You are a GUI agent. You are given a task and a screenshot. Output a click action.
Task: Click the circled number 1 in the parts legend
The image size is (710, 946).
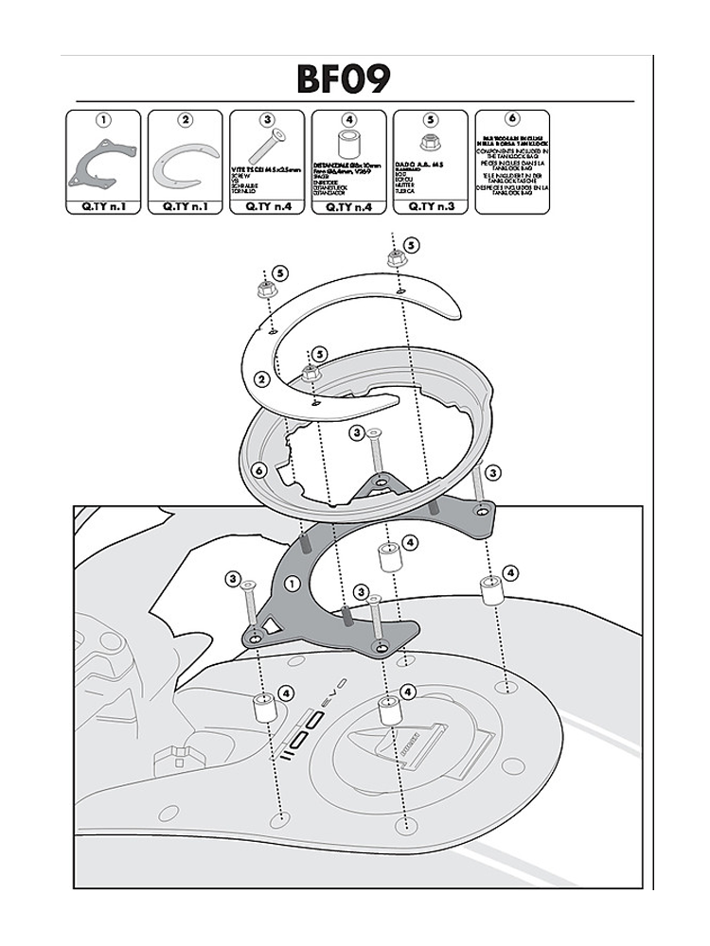103,120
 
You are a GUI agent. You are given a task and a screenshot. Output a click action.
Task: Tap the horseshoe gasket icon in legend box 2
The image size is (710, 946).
185,163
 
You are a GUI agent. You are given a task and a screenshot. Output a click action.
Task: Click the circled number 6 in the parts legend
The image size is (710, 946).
512,119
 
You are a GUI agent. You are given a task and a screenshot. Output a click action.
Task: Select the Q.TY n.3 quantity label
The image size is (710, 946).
431,204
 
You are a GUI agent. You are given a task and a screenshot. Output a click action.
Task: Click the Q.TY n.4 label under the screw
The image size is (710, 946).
267,204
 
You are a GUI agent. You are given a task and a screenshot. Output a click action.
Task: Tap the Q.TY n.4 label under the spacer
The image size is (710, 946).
348,204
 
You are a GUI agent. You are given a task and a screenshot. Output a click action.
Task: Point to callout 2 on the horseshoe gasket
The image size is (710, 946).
260,380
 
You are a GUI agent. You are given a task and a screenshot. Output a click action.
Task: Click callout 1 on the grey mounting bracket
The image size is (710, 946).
292,584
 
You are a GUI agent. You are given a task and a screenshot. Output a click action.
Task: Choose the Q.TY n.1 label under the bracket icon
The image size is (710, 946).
102,204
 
